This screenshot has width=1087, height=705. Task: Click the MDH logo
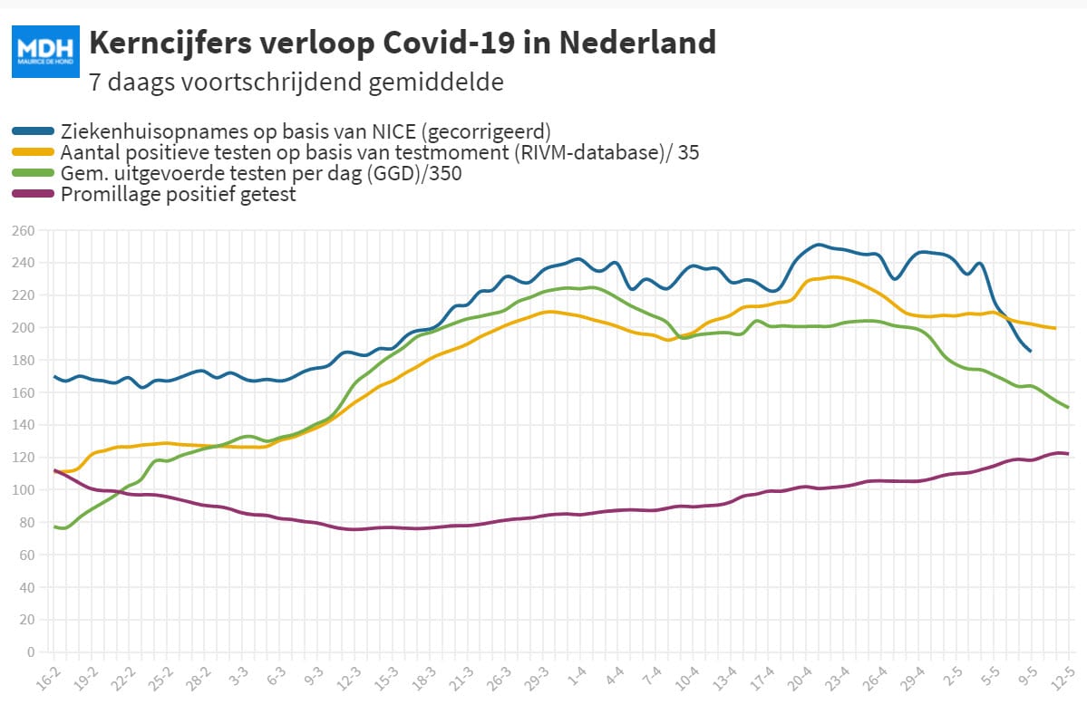coord(45,52)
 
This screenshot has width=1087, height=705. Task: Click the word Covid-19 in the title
coord(449,43)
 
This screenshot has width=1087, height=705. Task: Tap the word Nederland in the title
coord(637,43)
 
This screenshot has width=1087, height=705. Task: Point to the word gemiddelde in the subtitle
coord(436,82)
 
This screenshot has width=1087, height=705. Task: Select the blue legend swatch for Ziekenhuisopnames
coord(33,131)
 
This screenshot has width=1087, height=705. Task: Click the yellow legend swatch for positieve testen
coord(33,152)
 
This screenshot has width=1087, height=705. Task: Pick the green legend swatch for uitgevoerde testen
coord(33,172)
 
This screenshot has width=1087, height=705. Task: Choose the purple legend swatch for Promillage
coord(33,193)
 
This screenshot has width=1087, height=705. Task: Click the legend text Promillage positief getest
coord(179,194)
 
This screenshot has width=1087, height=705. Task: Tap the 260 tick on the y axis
coord(23,231)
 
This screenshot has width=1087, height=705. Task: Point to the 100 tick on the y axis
coord(23,490)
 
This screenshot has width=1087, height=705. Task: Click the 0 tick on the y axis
coord(31,652)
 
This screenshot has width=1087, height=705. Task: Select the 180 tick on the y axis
coord(23,361)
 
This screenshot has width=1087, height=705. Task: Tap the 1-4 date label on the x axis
coord(576,677)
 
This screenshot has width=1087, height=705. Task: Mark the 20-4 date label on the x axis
coord(799,680)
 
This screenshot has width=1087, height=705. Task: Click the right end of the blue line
coord(1030,351)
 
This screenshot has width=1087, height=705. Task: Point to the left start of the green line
coord(54,527)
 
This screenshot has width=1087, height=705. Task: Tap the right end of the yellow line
coord(1055,328)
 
